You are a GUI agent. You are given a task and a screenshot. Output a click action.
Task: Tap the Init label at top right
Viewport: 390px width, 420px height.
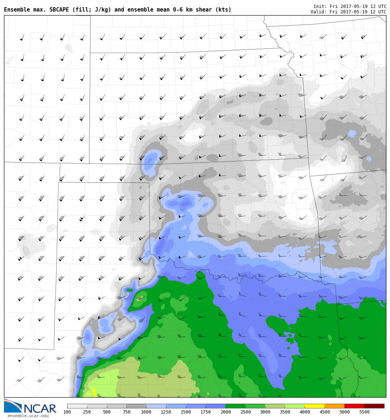point(320,7)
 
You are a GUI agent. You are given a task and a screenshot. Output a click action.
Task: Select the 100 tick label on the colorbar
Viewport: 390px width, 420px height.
point(67,412)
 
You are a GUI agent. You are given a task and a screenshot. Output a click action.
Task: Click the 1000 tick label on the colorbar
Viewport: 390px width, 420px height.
point(146,412)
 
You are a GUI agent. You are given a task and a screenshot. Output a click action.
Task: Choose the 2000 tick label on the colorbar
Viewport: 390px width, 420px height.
point(225,412)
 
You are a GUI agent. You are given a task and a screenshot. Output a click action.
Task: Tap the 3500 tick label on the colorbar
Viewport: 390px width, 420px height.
point(285,412)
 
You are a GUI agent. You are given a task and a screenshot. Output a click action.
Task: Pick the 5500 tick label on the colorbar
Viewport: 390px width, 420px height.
point(364,412)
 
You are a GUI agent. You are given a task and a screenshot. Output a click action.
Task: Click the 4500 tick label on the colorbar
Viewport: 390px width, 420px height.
point(325,412)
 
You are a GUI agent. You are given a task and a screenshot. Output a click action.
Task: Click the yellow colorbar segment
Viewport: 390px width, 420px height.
point(315,406)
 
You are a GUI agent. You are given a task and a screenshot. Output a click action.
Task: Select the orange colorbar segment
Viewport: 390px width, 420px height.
point(334,406)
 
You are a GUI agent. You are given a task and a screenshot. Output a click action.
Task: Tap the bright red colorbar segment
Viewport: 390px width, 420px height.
point(354,406)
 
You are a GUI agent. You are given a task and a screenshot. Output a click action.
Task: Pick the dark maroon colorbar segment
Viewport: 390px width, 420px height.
point(374,406)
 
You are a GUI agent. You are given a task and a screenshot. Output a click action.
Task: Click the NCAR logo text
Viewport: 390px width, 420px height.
point(40,408)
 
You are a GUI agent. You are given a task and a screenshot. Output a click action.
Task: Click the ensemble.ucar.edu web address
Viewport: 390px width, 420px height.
point(28,416)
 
